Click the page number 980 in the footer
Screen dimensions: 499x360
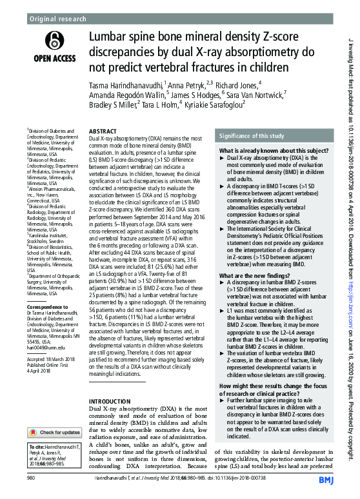click(31, 478)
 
